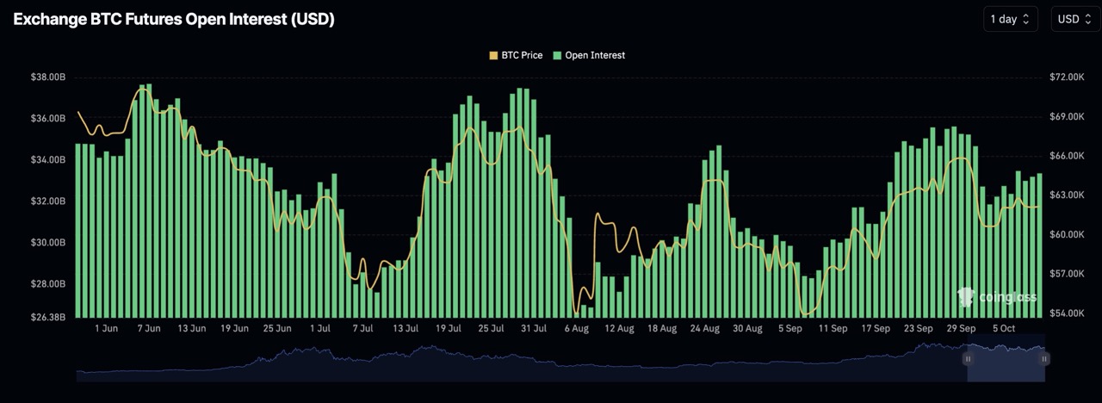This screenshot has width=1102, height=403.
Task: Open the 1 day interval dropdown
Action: (x=1010, y=19)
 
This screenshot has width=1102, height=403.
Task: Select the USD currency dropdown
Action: (x=1074, y=19)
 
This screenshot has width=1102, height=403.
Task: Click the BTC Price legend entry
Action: (x=517, y=55)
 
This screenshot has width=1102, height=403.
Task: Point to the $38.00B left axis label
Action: (x=47, y=77)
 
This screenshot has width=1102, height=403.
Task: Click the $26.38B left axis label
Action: (x=47, y=317)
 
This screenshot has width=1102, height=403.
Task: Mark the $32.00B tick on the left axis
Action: (x=47, y=201)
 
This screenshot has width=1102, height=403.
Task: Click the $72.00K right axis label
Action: (x=1067, y=77)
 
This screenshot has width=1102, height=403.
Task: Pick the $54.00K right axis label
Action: (x=1067, y=313)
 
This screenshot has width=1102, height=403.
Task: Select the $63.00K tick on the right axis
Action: (x=1067, y=195)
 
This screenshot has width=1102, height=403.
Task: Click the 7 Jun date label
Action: (x=149, y=328)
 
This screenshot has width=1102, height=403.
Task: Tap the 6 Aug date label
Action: (x=577, y=328)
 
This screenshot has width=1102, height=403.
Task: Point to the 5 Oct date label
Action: (x=1005, y=328)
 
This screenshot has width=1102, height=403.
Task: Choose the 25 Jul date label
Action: (x=492, y=328)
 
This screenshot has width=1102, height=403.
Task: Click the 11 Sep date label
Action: (x=833, y=328)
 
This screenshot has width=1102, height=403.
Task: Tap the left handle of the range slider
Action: (x=968, y=358)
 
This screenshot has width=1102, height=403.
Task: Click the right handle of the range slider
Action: (x=1044, y=358)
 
